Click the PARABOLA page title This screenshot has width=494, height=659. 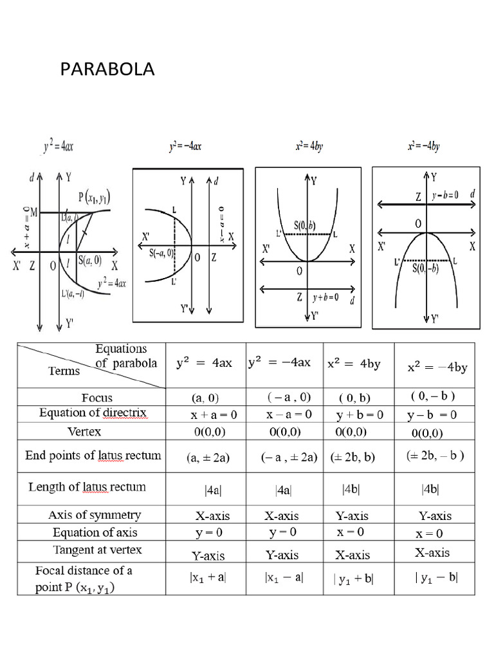(107, 70)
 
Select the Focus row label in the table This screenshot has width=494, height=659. (97, 398)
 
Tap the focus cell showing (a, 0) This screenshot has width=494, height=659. (208, 398)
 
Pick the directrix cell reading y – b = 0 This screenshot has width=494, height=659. (432, 415)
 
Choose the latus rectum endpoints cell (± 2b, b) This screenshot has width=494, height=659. (352, 457)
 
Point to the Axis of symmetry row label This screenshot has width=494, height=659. (95, 515)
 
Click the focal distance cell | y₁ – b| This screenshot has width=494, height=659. (435, 578)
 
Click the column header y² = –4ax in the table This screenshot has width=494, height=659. (279, 363)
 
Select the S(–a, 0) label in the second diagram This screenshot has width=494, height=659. (158, 252)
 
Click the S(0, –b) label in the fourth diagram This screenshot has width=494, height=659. (425, 268)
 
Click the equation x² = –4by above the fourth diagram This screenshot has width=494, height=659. (424, 147)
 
